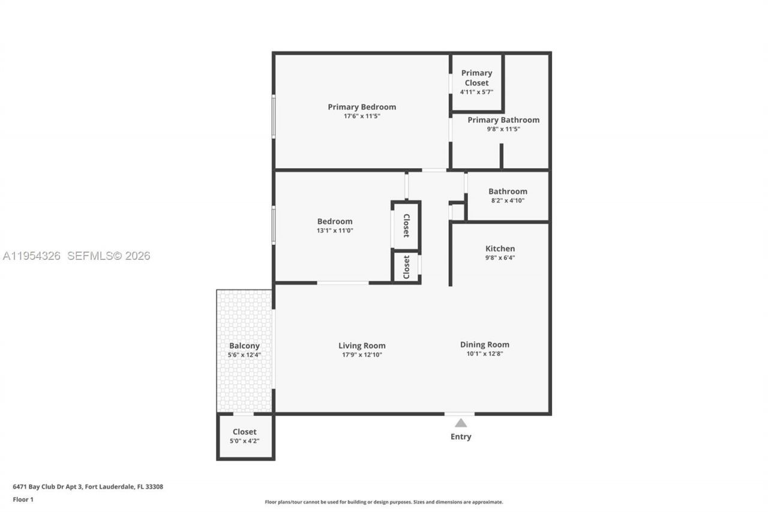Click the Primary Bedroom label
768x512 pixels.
click(361, 107)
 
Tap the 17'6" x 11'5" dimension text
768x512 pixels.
click(361, 116)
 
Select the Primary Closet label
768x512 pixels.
click(476, 77)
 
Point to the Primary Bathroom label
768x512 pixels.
click(503, 119)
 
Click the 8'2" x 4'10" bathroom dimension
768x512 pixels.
click(507, 200)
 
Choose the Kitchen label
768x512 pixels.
click(500, 248)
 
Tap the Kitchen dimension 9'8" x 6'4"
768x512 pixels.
click(500, 258)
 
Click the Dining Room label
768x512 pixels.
click(484, 345)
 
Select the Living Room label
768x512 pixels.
click(362, 345)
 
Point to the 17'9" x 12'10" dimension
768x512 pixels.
click(362, 355)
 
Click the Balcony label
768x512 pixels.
click(244, 346)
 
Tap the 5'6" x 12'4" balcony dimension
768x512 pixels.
click(244, 355)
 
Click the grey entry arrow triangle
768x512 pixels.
click(460, 423)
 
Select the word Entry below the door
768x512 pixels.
click(460, 436)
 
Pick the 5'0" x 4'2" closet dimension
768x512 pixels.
click(244, 441)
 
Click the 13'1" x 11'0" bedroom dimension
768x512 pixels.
click(335, 230)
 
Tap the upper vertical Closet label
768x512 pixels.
click(406, 226)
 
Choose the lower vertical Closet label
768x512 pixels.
click(406, 267)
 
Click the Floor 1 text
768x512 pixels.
click(23, 499)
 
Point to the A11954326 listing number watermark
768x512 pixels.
click(32, 256)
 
